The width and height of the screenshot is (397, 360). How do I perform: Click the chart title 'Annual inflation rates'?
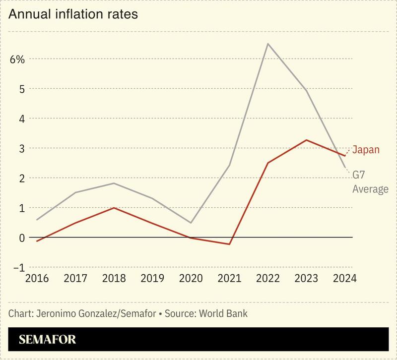click(72, 14)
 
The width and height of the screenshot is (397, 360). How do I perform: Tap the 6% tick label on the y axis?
click(17, 59)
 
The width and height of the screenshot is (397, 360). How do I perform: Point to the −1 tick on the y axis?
click(17, 267)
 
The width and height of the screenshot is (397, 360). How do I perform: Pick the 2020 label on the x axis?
click(191, 278)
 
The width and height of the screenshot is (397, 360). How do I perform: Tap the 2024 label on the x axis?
click(344, 278)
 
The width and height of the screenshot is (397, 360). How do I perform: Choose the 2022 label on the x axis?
click(268, 278)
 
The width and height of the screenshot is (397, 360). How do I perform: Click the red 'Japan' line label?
click(366, 149)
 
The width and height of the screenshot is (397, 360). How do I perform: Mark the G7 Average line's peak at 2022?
click(268, 44)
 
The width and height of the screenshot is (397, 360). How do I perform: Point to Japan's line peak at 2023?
click(306, 140)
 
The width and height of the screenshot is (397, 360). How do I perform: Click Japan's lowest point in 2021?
click(230, 244)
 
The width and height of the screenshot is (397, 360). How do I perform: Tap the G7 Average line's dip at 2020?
click(191, 223)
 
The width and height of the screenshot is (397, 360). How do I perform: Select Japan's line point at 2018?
click(115, 208)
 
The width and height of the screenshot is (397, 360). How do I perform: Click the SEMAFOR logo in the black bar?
click(48, 340)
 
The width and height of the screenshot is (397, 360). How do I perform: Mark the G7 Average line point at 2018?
click(115, 183)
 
